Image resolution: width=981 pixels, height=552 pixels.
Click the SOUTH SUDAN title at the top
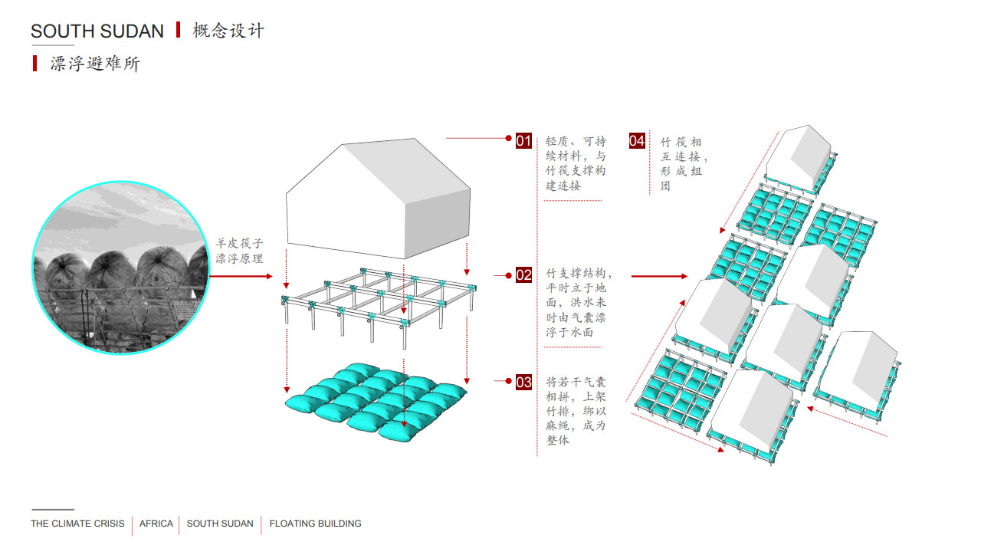97,31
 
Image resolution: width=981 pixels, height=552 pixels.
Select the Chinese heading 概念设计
228,31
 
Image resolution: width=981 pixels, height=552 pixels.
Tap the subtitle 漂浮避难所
95,64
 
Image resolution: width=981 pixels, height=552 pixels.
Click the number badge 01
523,140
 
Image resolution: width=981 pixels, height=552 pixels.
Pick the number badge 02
523,275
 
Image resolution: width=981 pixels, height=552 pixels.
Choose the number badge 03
523,382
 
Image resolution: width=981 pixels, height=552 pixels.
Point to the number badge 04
637,140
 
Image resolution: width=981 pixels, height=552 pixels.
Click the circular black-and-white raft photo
121,268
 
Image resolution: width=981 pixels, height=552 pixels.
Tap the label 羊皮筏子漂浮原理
239,251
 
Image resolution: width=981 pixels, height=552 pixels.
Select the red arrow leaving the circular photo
241,276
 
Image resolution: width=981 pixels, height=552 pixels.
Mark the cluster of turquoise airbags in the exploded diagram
376,402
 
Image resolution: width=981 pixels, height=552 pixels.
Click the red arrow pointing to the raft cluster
659,276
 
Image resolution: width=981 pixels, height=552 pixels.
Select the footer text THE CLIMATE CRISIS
77,524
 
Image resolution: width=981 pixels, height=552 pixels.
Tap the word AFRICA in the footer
156,524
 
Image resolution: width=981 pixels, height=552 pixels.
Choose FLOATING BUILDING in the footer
315,524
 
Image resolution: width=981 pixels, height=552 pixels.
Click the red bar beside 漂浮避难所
34,64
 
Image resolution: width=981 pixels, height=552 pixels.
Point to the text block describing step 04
683,164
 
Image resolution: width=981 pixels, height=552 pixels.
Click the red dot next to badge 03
508,381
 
